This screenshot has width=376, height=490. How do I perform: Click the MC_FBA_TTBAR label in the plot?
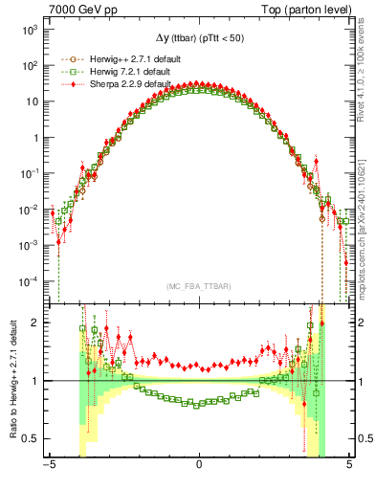tap(199, 286)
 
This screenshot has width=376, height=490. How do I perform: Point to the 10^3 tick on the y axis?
tap(30, 30)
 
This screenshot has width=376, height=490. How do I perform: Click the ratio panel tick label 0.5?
tap(32, 438)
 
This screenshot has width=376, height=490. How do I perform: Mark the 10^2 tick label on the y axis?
tap(30, 65)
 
